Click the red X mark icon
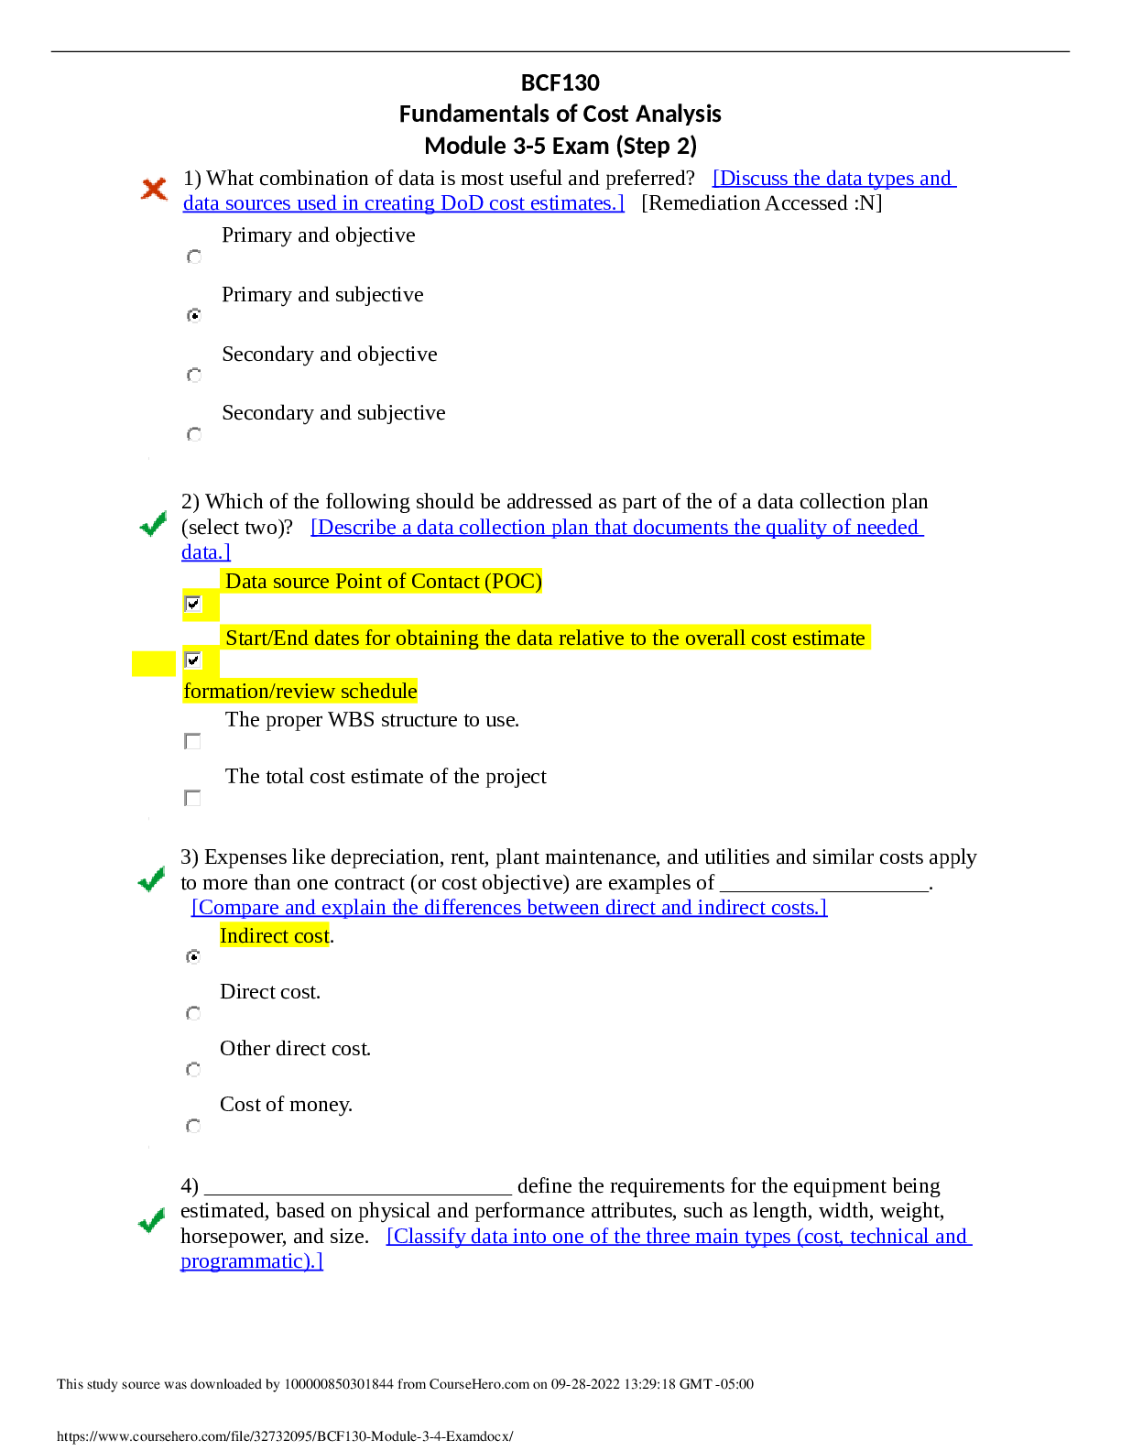[x=154, y=189]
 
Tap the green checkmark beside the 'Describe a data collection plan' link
[x=153, y=523]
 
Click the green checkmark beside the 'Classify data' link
[x=151, y=1220]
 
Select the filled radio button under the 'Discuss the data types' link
[x=194, y=316]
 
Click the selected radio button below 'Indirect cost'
[x=193, y=957]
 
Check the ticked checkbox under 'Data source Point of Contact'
[x=193, y=604]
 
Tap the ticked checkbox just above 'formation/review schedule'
[x=193, y=660]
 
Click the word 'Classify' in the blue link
[x=427, y=1237]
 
